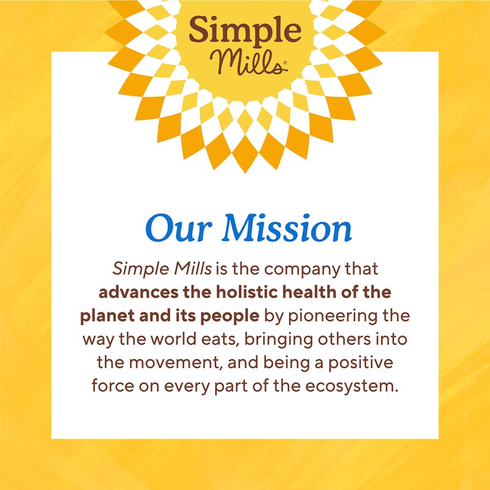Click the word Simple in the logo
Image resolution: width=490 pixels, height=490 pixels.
coord(245,30)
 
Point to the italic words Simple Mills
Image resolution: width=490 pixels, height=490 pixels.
coord(149,269)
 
